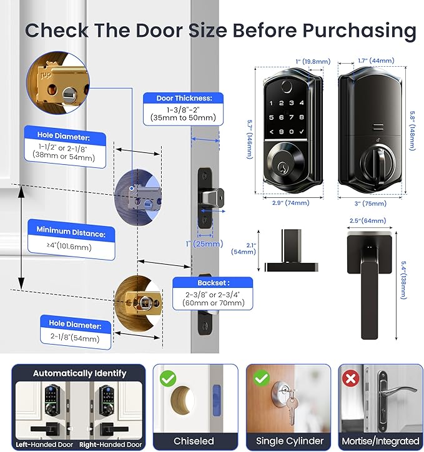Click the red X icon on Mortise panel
click(x=349, y=378)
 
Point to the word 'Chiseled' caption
click(x=194, y=441)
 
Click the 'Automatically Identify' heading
click(x=79, y=373)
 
